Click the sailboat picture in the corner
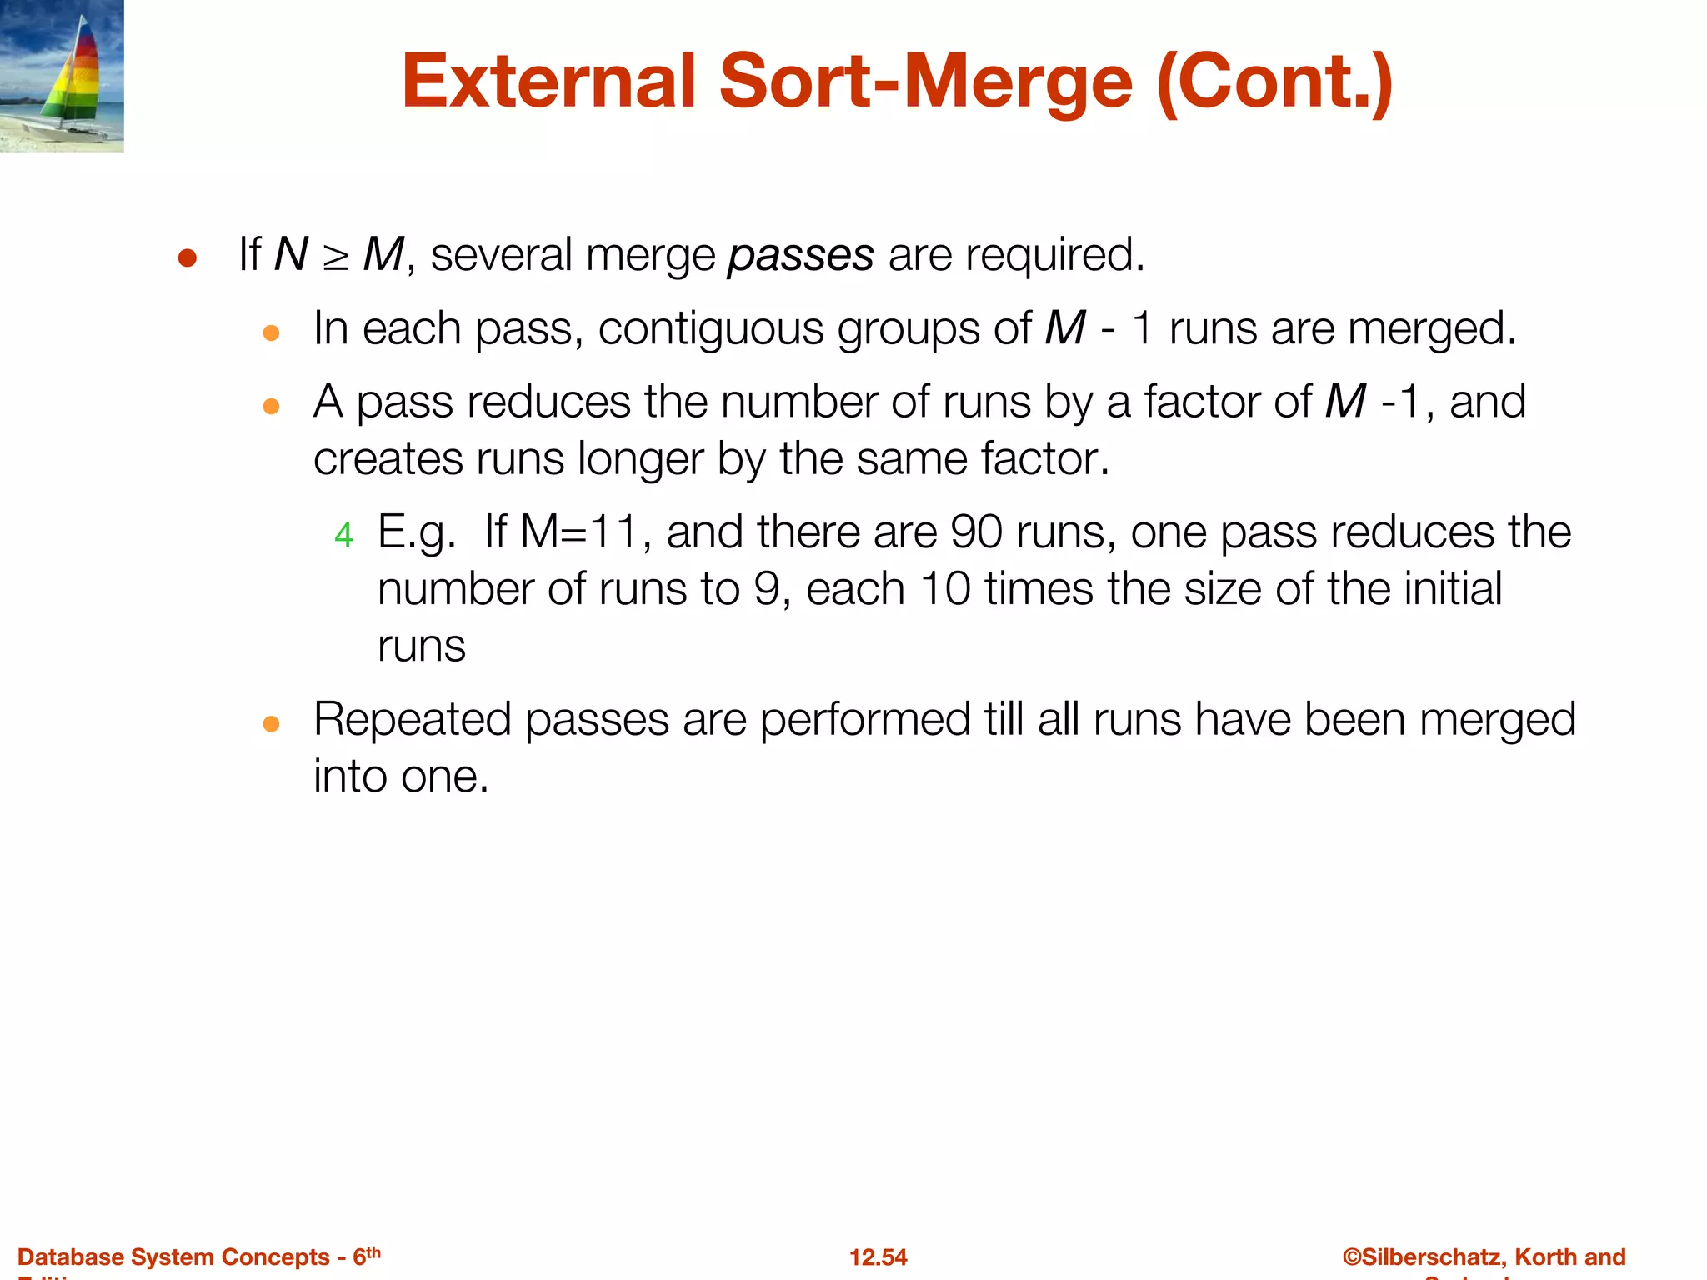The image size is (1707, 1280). (x=62, y=76)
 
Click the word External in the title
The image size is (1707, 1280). (x=548, y=82)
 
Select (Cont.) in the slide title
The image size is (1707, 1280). (x=1274, y=82)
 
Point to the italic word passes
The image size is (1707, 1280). (x=800, y=256)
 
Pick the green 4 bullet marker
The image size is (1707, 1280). (x=343, y=535)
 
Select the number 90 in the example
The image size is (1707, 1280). (x=976, y=532)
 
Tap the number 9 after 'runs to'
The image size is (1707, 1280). (x=767, y=589)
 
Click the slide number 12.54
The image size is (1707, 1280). (x=878, y=1257)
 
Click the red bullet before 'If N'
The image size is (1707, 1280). (x=187, y=258)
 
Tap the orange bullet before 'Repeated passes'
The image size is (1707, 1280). (x=271, y=723)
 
